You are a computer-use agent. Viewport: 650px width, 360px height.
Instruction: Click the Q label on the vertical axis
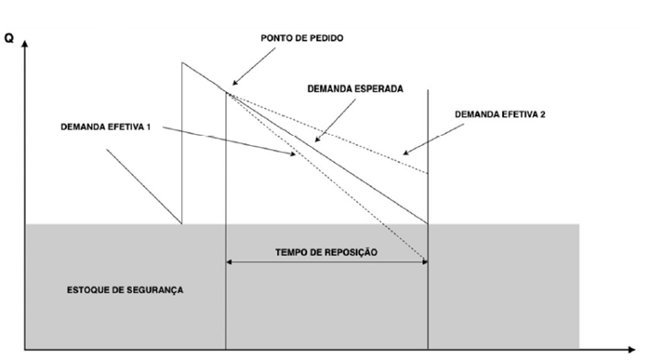tap(8, 39)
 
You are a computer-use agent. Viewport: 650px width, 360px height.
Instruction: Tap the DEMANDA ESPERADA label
tap(355, 89)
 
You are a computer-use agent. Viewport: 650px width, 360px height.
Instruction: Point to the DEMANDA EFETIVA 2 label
tap(500, 114)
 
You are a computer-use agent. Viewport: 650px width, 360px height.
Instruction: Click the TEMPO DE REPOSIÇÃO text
tap(327, 252)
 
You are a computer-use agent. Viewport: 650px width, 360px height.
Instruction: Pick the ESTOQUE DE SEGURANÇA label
tap(126, 290)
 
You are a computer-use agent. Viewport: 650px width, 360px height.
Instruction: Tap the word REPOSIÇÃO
tap(350, 252)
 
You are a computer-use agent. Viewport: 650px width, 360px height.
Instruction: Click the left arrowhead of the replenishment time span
tap(230, 261)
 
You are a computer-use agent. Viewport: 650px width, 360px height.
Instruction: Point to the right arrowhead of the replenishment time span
tap(423, 261)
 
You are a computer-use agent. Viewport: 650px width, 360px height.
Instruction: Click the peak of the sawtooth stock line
tap(182, 62)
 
